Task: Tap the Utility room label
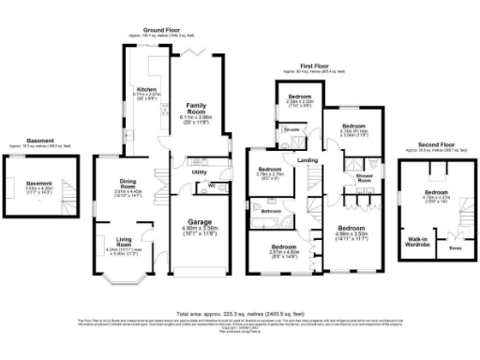(199, 173)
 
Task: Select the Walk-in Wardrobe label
(415, 242)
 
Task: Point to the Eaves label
(456, 249)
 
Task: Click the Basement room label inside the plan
(38, 183)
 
